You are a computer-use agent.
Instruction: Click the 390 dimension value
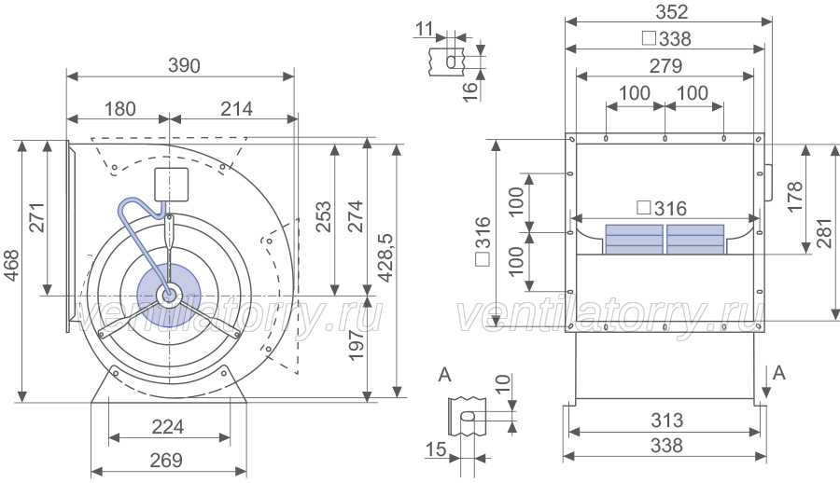[x=184, y=65]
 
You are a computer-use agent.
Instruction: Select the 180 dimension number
[x=119, y=109]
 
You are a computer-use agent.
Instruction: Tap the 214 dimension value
[x=236, y=109]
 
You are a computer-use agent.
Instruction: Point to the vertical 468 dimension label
[x=11, y=265]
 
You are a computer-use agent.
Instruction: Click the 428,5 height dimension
[x=385, y=257]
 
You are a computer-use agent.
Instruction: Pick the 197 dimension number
[x=356, y=346]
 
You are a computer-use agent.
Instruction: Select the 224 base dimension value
[x=168, y=427]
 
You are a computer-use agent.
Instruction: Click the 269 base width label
[x=166, y=460]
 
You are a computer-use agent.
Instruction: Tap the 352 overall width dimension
[x=672, y=12]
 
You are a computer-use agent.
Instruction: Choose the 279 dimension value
[x=665, y=66]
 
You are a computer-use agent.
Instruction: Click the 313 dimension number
[x=667, y=421]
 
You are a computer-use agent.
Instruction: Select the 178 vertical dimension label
[x=795, y=197]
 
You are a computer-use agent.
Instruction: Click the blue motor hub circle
[x=169, y=295]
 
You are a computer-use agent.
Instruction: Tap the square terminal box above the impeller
[x=172, y=185]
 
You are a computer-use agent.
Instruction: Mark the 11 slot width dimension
[x=425, y=29]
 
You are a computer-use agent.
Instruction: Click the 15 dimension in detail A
[x=436, y=449]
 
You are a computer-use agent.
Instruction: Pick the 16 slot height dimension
[x=469, y=91]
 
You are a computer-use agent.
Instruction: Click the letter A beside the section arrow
[x=779, y=373]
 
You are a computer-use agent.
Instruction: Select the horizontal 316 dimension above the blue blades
[x=662, y=208]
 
